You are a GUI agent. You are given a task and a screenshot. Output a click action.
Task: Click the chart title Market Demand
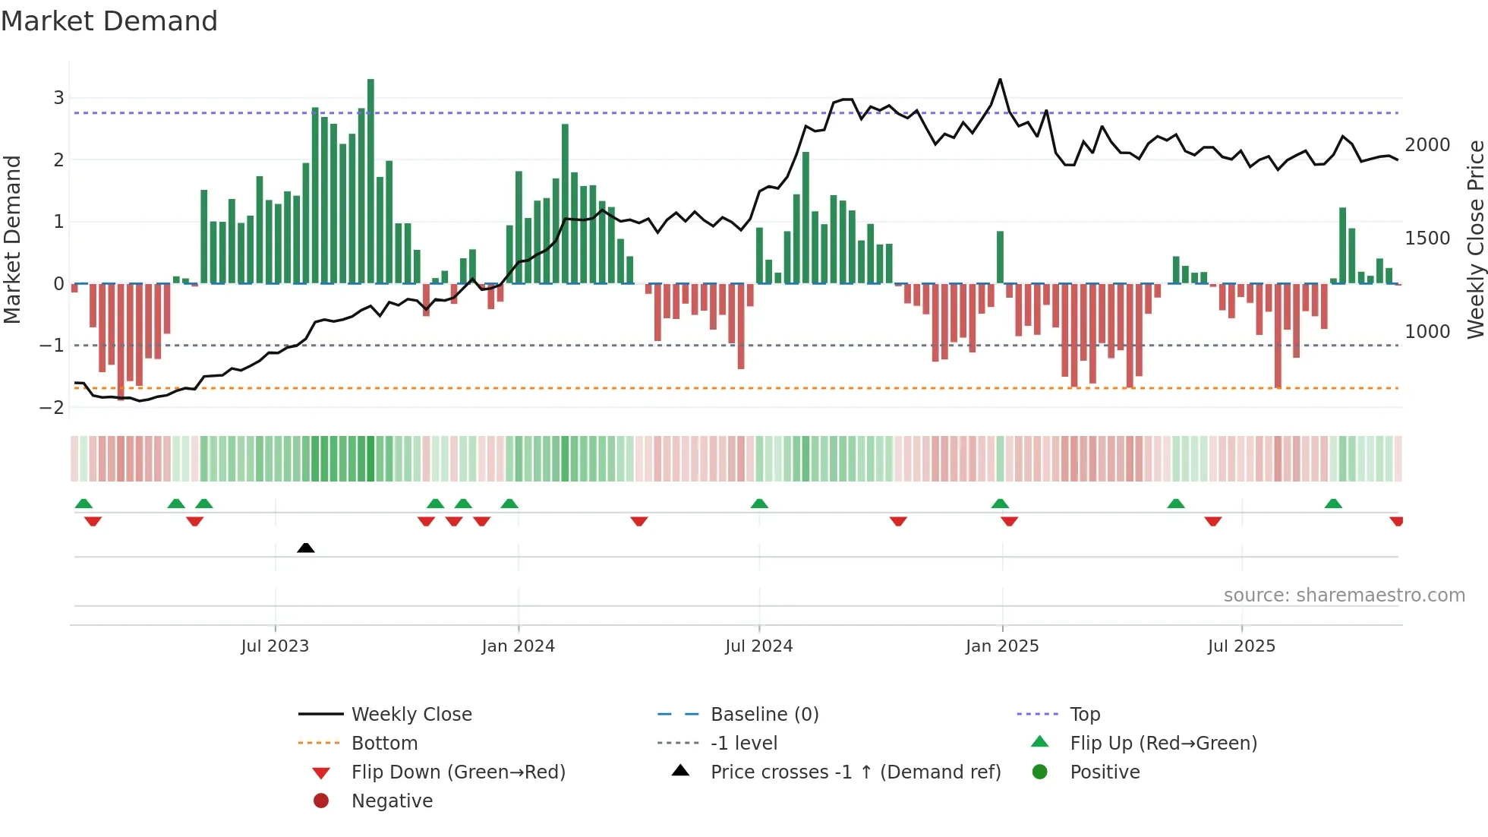click(109, 21)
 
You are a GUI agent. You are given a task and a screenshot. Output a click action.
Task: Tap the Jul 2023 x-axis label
click(275, 646)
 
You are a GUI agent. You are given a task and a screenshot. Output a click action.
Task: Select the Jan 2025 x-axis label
click(1002, 646)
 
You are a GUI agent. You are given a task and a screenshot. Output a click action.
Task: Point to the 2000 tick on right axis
click(1427, 145)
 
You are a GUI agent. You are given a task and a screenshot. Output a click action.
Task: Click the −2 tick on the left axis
click(52, 407)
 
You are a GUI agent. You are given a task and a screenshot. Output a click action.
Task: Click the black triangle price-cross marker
click(306, 548)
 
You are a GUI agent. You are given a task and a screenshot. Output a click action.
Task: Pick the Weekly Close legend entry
click(411, 715)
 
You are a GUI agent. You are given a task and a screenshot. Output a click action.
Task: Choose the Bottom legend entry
click(384, 744)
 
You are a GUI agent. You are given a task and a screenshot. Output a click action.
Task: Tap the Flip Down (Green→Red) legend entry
click(458, 772)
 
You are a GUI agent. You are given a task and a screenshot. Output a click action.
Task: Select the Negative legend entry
click(392, 801)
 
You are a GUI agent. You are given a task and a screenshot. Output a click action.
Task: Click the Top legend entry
click(1085, 715)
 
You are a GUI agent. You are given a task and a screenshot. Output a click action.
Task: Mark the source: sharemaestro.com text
click(1344, 595)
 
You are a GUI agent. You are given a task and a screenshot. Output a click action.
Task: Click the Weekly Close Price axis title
click(1475, 239)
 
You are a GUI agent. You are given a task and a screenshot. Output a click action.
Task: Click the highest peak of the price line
click(1000, 79)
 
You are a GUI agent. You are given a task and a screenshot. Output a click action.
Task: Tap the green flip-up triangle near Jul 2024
click(759, 504)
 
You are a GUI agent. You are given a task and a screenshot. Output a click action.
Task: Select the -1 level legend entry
click(743, 744)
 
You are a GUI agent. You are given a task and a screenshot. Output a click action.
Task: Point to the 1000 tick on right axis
click(1427, 332)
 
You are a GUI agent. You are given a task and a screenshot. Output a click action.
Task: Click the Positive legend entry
click(1105, 772)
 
